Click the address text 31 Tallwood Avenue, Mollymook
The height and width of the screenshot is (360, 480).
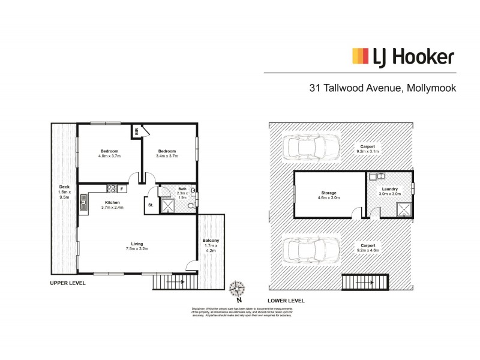[x=382, y=88]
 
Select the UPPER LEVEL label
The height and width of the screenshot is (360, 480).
[x=67, y=282]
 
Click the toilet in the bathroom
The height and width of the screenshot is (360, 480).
[x=190, y=205]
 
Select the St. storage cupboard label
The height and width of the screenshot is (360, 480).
[x=151, y=206]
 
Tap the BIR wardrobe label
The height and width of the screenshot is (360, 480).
[x=137, y=131]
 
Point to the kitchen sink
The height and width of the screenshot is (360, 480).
[x=83, y=205]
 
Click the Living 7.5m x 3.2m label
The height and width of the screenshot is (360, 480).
[x=137, y=246]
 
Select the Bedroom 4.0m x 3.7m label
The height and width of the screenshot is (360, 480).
[x=109, y=153]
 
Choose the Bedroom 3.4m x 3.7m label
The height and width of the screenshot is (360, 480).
[x=168, y=153]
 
